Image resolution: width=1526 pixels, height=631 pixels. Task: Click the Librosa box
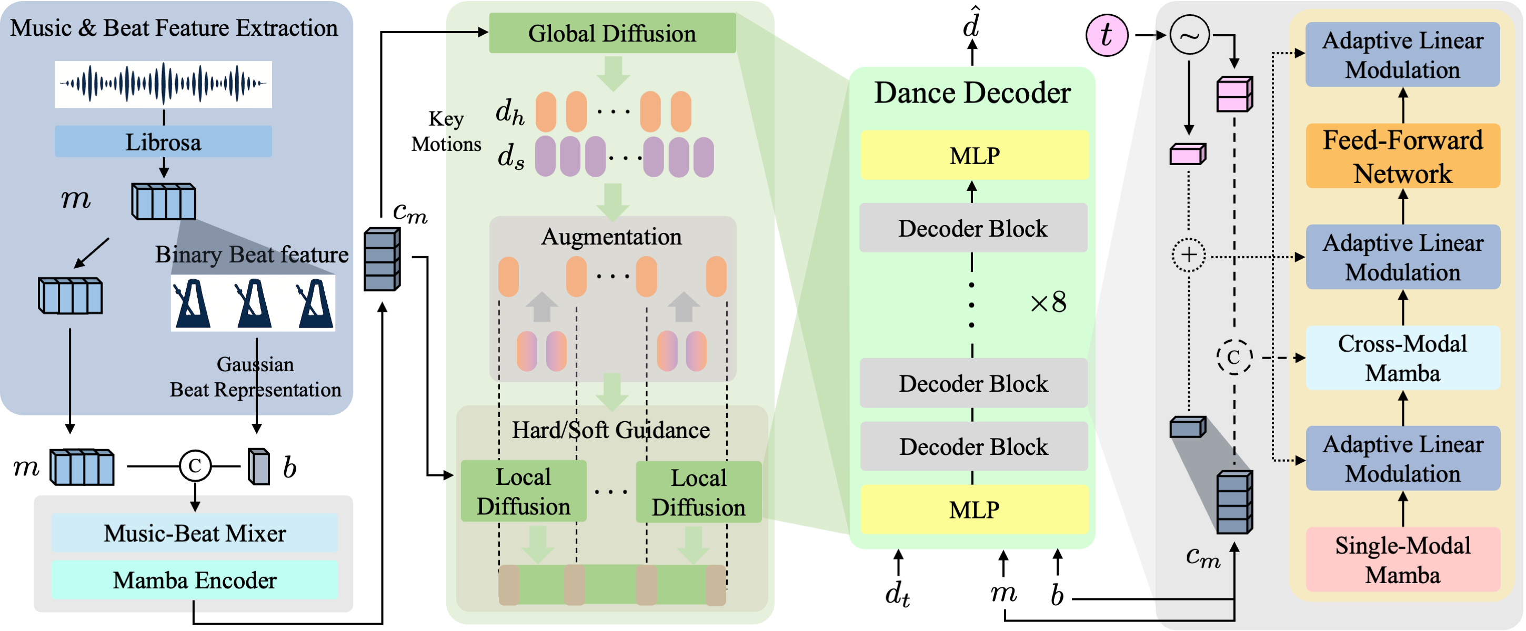click(163, 141)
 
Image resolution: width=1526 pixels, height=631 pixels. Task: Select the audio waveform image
click(163, 84)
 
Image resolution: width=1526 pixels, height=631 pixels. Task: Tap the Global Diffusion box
click(612, 33)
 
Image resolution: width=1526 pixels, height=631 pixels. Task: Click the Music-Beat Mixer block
click(194, 533)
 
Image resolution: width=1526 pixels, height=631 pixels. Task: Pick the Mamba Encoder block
click(194, 579)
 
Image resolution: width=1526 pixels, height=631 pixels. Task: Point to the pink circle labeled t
click(1106, 36)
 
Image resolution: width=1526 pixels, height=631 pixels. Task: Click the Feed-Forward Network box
click(1402, 156)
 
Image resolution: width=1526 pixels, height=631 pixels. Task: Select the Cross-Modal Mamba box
click(1402, 358)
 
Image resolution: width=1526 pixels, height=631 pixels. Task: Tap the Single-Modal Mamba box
click(1402, 559)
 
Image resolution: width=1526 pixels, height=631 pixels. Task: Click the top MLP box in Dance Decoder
click(974, 155)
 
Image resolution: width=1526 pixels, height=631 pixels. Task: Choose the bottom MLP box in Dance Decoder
click(974, 509)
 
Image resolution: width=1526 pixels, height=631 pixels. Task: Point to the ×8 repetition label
click(1048, 302)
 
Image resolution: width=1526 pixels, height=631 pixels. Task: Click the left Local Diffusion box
click(523, 491)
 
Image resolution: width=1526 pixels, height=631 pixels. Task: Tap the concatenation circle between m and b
click(195, 466)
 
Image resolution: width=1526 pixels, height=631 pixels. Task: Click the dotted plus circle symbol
click(1188, 255)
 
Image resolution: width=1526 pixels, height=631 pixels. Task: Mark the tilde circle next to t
click(1189, 36)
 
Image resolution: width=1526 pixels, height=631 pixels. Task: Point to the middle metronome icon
click(254, 303)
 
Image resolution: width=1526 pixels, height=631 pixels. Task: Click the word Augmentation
click(611, 236)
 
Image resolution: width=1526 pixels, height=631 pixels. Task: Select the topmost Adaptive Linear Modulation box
click(1402, 55)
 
